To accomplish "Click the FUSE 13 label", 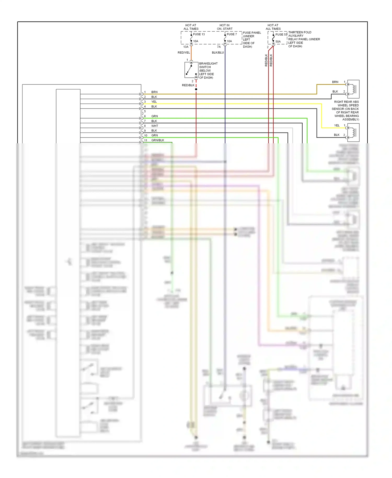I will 199,34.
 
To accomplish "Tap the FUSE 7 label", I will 232,34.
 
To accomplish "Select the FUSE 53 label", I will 281,35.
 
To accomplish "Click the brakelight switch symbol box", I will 191,70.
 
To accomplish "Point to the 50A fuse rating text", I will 278,42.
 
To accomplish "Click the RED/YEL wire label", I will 184,53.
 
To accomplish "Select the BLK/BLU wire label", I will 218,53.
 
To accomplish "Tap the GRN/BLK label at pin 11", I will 158,140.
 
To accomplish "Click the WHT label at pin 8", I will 154,126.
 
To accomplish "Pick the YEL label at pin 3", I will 154,102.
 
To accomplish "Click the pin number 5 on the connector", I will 145,111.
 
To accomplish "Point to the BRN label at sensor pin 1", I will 335,82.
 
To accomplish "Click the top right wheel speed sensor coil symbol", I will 353,89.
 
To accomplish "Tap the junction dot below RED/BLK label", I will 196,89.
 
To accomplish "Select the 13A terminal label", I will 186,47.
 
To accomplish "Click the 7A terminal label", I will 219,47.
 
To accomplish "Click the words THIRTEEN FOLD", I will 300,32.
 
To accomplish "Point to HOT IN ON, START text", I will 224,27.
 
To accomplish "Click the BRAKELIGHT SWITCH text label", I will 208,65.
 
